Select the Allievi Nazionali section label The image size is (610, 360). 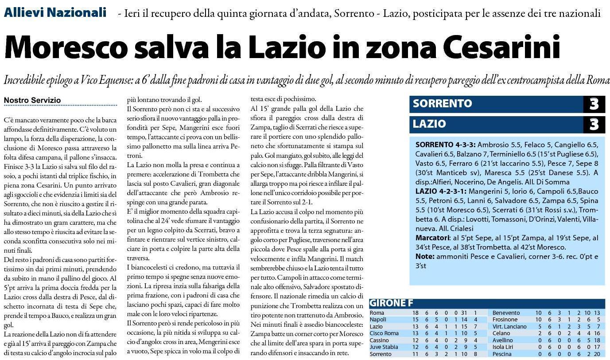click(x=55, y=12)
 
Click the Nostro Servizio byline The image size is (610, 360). click(x=32, y=101)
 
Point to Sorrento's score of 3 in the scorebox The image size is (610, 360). click(x=594, y=104)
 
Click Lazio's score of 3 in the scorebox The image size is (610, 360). click(x=594, y=125)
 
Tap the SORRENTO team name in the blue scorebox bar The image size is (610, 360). click(x=442, y=104)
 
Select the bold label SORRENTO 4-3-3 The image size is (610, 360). click(x=445, y=145)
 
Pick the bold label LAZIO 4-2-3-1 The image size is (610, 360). click(x=440, y=192)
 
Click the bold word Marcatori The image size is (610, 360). click(x=433, y=238)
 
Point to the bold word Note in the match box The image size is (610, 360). click(x=424, y=257)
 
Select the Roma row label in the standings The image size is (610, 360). click(x=377, y=313)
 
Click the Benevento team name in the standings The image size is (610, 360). click(x=506, y=313)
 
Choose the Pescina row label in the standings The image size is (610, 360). click(x=503, y=354)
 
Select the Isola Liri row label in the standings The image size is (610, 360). click(x=505, y=347)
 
